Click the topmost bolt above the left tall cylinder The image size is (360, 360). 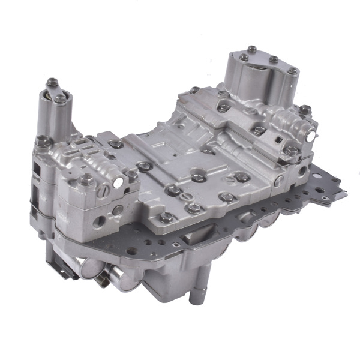[52, 82]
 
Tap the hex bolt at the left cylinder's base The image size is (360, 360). [43, 140]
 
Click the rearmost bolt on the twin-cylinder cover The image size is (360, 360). [274, 59]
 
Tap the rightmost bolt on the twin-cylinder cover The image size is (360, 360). [292, 71]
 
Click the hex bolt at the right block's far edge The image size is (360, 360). [305, 110]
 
